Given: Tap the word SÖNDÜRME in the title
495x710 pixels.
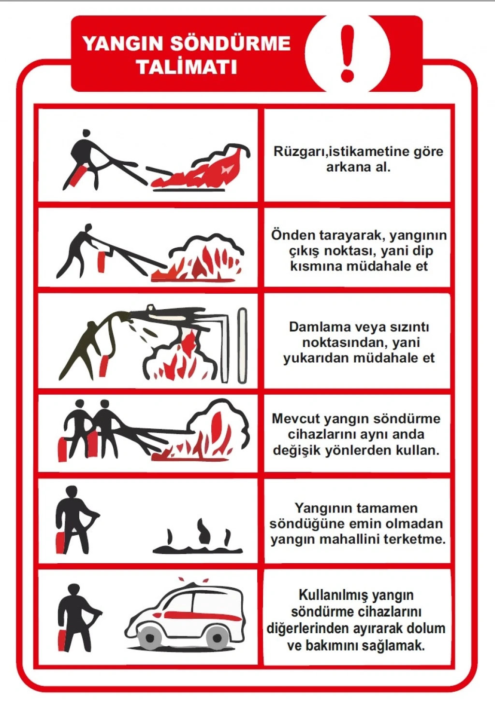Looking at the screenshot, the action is [x=231, y=43].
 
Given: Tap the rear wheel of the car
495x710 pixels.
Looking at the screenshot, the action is [x=218, y=638].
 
